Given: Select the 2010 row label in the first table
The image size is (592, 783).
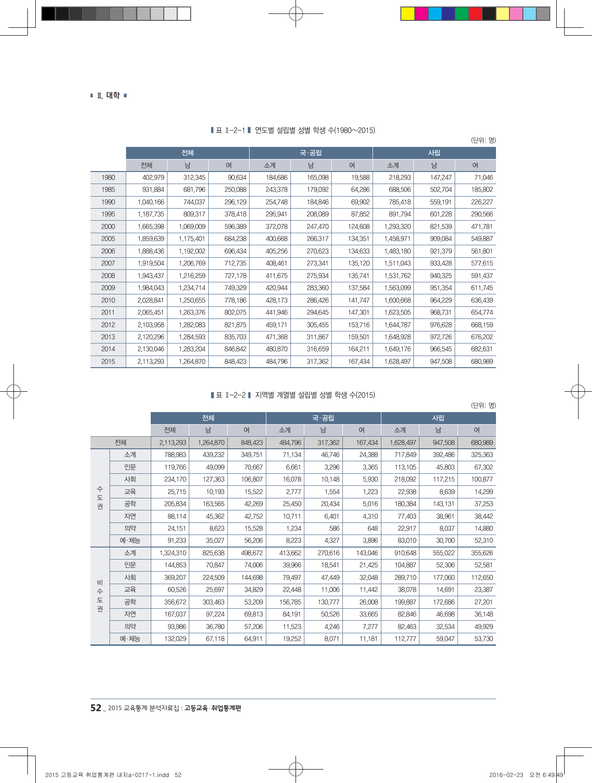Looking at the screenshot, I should (x=108, y=300).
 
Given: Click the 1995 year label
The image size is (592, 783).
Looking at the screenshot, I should (x=108, y=214).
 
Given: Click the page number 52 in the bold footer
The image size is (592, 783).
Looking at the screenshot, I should (x=96, y=708).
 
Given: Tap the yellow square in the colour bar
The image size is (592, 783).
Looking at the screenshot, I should (x=408, y=14).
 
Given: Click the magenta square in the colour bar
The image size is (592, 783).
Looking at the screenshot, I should (x=421, y=14).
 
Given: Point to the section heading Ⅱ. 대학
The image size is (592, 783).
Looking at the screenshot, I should (x=109, y=95).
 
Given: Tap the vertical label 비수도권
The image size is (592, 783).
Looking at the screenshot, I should (x=100, y=596).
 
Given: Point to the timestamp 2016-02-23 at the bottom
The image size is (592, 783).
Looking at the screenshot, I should (x=506, y=775).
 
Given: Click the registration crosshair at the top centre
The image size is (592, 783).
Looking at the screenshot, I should (x=296, y=14).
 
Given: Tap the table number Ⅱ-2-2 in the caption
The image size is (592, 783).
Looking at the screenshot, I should (x=235, y=395).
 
